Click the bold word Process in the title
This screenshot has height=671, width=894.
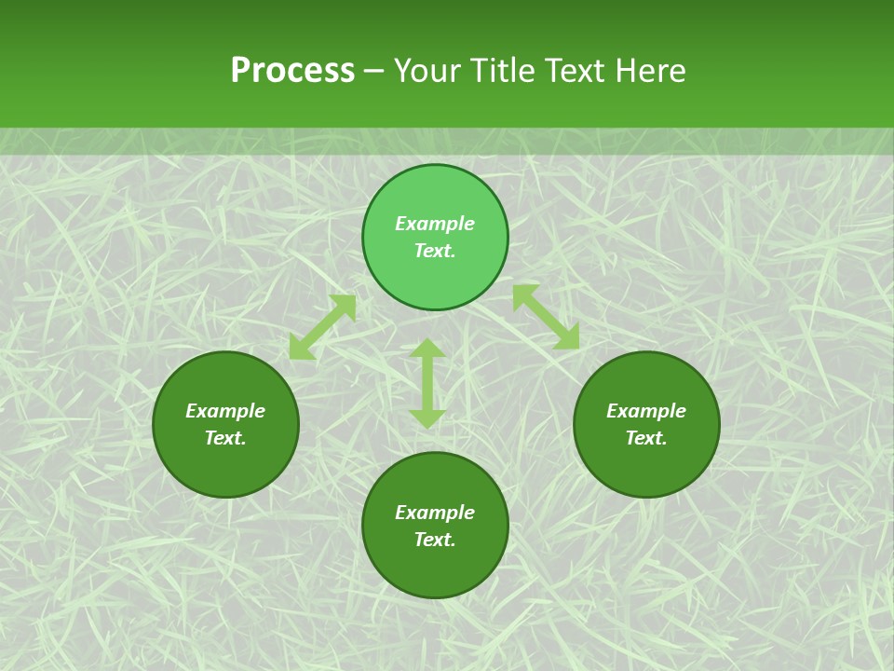[x=292, y=71]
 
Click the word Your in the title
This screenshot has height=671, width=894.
[x=428, y=71]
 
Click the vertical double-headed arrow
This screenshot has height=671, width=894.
[x=427, y=383]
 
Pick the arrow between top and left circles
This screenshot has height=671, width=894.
[x=322, y=327]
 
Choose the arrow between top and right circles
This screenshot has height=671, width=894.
[x=546, y=317]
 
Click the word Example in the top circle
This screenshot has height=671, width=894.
[x=435, y=224]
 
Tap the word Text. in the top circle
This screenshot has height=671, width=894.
[x=435, y=251]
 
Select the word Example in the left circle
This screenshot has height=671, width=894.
[x=225, y=411]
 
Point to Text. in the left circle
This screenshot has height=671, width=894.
[x=225, y=438]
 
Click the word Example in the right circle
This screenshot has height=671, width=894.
[x=646, y=411]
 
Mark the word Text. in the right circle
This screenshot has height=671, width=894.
[x=646, y=438]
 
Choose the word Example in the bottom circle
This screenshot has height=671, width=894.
[x=435, y=513]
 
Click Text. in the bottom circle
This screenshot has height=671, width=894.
[x=435, y=540]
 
